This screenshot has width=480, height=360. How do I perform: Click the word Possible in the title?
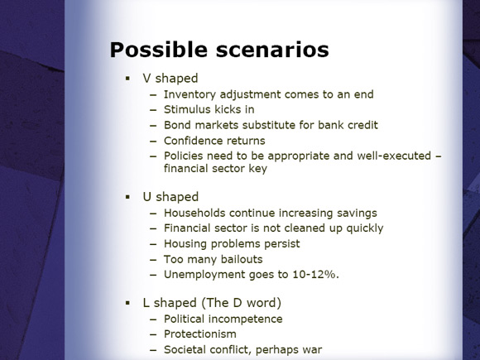(x=159, y=50)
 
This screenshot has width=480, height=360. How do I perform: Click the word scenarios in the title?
(x=272, y=50)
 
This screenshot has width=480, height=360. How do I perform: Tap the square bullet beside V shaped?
(x=127, y=79)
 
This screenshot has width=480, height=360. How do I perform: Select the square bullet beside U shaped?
(x=127, y=197)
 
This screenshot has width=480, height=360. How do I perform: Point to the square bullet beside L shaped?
(x=127, y=303)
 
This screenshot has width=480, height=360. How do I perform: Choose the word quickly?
(x=365, y=228)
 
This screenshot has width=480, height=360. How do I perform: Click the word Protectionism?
(x=200, y=334)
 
